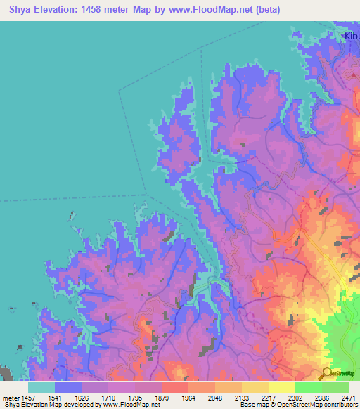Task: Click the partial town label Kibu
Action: click(x=351, y=37)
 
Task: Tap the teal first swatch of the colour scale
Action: click(x=41, y=387)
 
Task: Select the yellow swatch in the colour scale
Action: click(x=282, y=387)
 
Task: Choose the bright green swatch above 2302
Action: click(x=309, y=387)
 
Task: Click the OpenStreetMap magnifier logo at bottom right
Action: click(x=327, y=373)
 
